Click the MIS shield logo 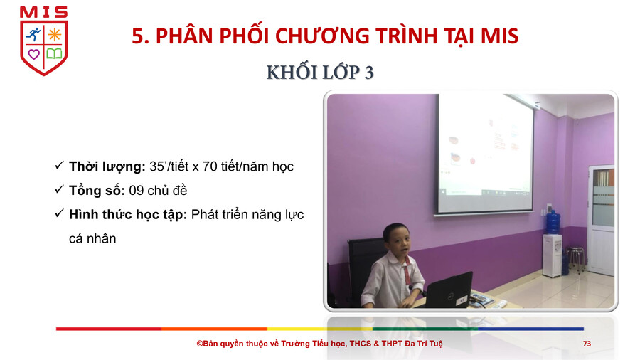click(x=43, y=41)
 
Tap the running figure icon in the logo click(x=33, y=35)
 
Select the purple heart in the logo click(x=34, y=54)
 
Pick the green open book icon click(x=54, y=54)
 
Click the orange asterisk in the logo click(x=54, y=35)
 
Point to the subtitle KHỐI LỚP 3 click(x=320, y=73)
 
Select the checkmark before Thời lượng click(x=59, y=165)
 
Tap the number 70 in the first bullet click(x=210, y=166)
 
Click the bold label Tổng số click(x=97, y=191)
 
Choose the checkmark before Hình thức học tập click(x=59, y=213)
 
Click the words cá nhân click(x=92, y=239)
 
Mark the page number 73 click(x=587, y=344)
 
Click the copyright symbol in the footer click(x=200, y=344)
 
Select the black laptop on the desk click(x=448, y=290)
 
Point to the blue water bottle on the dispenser click(x=553, y=222)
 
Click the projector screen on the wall click(x=485, y=153)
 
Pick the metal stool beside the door click(x=575, y=258)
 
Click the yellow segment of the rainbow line click(x=319, y=329)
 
